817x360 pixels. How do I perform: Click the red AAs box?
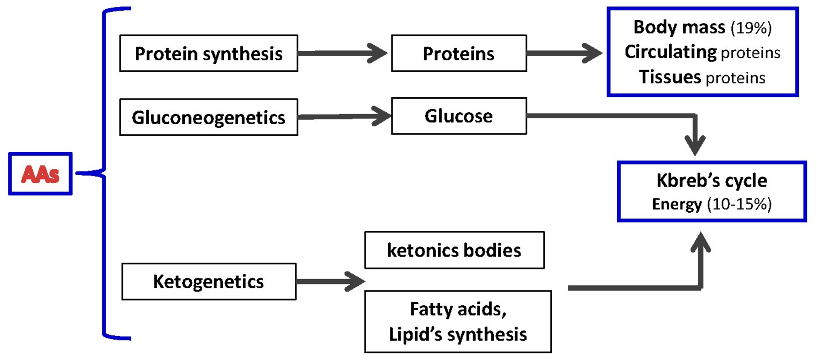pyautogui.click(x=40, y=174)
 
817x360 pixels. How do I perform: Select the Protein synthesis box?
pyautogui.click(x=208, y=54)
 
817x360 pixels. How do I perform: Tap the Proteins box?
pyautogui.click(x=458, y=54)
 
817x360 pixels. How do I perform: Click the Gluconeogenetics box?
pyautogui.click(x=208, y=117)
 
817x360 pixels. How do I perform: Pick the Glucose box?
pyautogui.click(x=458, y=116)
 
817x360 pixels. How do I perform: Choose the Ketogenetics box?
pyautogui.click(x=208, y=282)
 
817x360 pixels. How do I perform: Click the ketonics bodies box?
pyautogui.click(x=454, y=250)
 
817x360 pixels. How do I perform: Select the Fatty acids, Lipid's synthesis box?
pyautogui.click(x=458, y=322)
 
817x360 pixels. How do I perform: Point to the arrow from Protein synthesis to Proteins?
pyautogui.click(x=343, y=53)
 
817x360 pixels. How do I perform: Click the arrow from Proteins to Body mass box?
pyautogui.click(x=564, y=53)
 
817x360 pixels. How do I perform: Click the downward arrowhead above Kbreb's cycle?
pyautogui.click(x=695, y=144)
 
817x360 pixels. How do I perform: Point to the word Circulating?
pyautogui.click(x=671, y=52)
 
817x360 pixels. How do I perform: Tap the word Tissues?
pyautogui.click(x=670, y=77)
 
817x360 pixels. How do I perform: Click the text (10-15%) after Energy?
pyautogui.click(x=739, y=204)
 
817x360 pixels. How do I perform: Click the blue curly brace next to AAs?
pyautogui.click(x=104, y=173)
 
